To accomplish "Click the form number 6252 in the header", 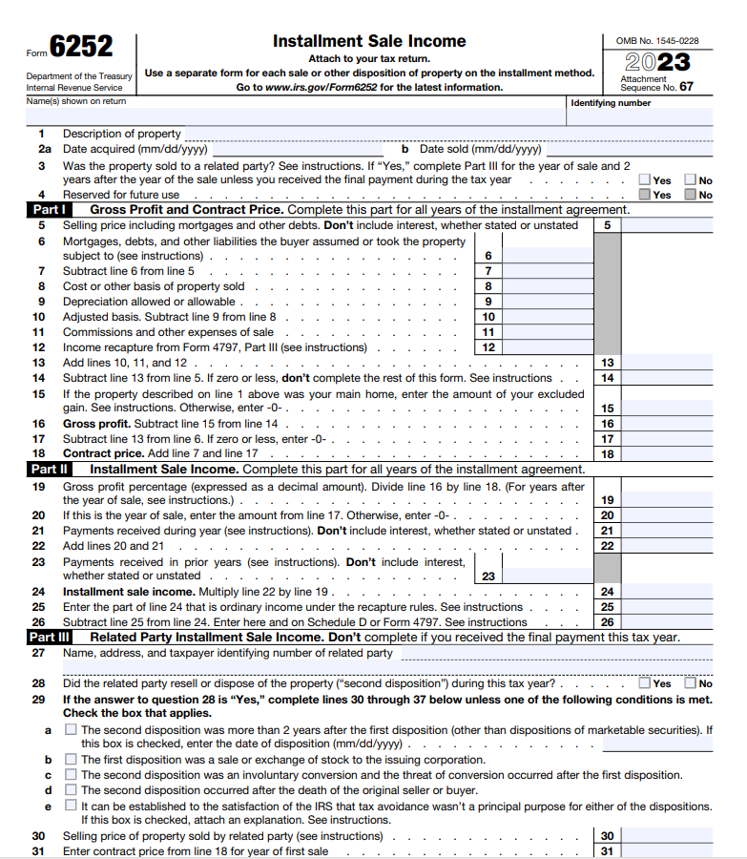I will [81, 47].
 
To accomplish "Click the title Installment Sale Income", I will [369, 41].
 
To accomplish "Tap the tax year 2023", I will [658, 64].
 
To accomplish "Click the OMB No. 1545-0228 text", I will [658, 41].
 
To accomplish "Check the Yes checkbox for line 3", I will [645, 180].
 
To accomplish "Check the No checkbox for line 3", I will [690, 180].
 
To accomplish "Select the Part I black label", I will [49, 210].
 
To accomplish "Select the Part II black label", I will [49, 470].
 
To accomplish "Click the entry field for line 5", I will [668, 225].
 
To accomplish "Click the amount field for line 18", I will [668, 454].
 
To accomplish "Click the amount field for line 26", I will [668, 622].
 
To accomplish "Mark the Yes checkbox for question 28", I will [645, 683].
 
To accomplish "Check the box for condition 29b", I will [71, 760].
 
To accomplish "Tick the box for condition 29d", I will [71, 790].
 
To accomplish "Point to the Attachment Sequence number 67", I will [687, 87].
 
